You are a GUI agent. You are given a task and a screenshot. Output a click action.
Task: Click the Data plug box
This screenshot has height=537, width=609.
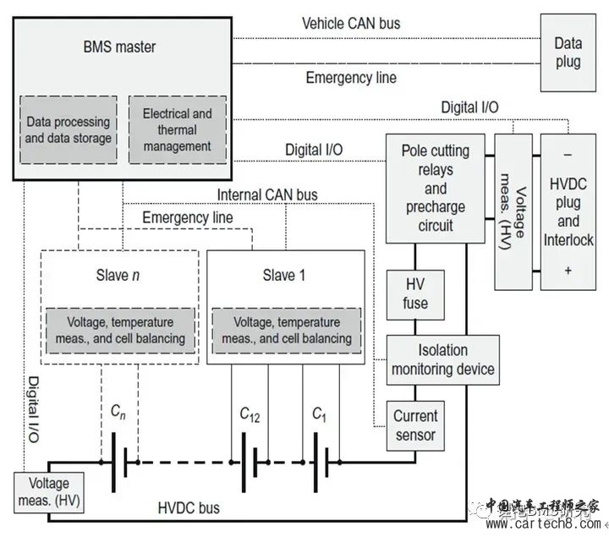click(x=568, y=52)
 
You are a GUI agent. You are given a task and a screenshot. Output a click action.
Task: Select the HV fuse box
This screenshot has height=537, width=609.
click(x=409, y=294)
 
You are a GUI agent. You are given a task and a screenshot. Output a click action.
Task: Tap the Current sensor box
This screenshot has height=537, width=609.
click(x=415, y=425)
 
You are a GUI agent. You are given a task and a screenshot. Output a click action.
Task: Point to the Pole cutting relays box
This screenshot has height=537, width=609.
click(x=436, y=188)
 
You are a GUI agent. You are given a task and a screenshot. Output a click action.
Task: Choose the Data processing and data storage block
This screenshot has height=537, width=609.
click(x=69, y=129)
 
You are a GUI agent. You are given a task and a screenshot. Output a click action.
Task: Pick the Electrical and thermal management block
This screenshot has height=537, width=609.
click(x=177, y=129)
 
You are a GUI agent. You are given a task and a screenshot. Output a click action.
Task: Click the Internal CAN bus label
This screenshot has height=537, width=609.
click(x=267, y=195)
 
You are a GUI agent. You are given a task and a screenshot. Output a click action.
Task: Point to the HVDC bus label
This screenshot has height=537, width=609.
click(x=189, y=508)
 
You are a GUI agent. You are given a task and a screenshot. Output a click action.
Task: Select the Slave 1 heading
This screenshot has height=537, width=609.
click(x=278, y=276)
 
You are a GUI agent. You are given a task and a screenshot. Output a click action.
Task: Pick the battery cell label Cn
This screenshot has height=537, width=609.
click(x=121, y=413)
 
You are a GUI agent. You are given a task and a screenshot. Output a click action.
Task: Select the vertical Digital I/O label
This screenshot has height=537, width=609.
click(x=34, y=409)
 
